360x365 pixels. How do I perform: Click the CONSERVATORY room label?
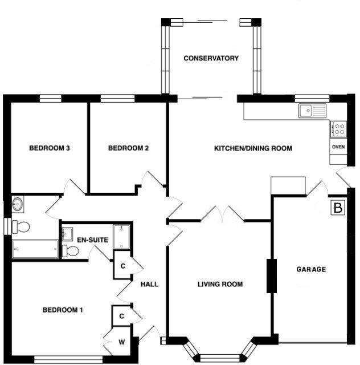point(211,58)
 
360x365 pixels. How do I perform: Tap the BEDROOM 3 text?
point(50,148)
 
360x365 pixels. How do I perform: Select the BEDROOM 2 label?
point(128,148)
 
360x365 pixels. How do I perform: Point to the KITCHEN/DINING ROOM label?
point(253,148)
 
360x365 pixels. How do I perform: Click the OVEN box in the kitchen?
point(338,147)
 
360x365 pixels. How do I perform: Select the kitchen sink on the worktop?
point(311,110)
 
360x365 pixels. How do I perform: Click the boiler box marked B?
point(338,208)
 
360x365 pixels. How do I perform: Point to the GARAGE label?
point(311,269)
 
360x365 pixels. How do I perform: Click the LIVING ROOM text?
point(220,284)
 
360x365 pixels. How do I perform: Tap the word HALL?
point(149,284)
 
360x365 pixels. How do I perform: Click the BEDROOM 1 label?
point(63,310)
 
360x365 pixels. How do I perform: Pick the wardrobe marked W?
point(122,342)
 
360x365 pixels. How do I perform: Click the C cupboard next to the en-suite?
point(122,266)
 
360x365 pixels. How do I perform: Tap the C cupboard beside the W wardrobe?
point(121,315)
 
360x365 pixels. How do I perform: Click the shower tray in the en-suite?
point(122,237)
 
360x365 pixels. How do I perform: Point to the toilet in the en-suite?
point(71,251)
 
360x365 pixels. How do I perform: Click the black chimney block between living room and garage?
point(271,276)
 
